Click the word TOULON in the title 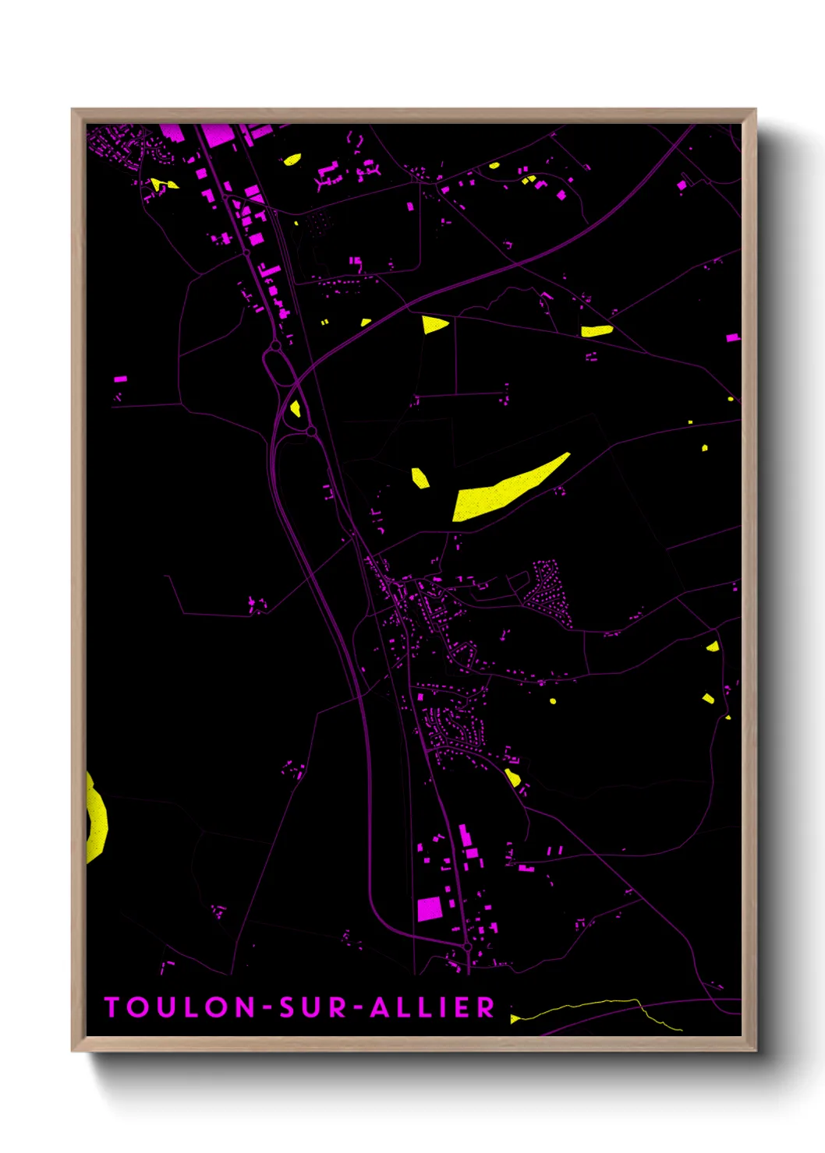[x=181, y=1007]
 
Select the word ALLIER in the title [x=432, y=1007]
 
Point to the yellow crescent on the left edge [x=97, y=818]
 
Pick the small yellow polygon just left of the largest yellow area [x=420, y=478]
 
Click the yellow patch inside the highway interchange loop [x=296, y=408]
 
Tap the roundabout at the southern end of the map [x=466, y=947]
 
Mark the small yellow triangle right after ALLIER [x=514, y=1018]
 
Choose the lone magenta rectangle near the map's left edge [x=120, y=379]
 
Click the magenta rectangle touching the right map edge [x=733, y=338]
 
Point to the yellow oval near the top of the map [x=292, y=160]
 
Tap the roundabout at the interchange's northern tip [x=275, y=345]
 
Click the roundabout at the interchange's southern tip [x=310, y=430]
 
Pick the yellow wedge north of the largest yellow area [x=434, y=324]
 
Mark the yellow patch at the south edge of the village [x=512, y=777]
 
